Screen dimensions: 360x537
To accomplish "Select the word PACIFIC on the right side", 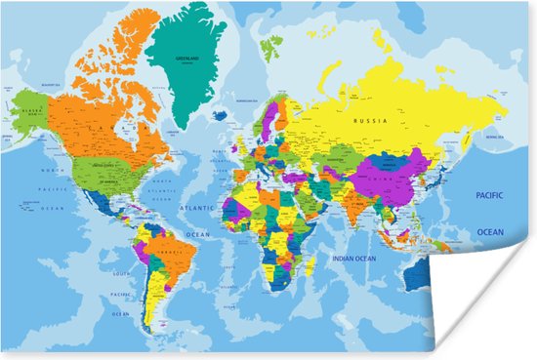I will [489, 195].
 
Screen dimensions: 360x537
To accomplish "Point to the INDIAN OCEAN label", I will [352, 259].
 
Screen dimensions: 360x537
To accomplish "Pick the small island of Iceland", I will [221, 114].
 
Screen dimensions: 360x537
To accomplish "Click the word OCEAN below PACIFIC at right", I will [489, 232].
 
